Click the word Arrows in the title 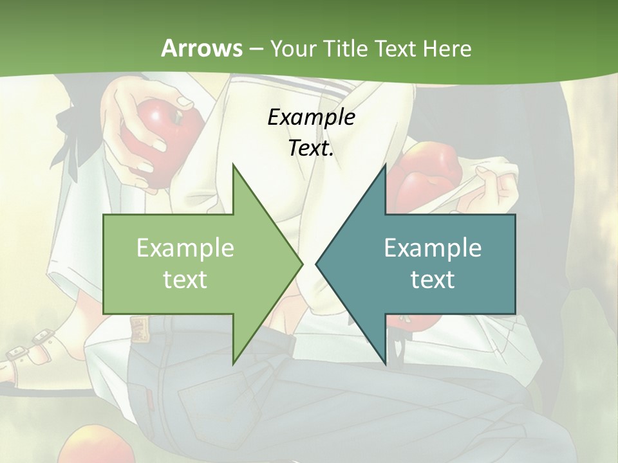(x=202, y=48)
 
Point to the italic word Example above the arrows (x=311, y=117)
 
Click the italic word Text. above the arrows (x=311, y=149)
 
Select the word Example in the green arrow (x=185, y=248)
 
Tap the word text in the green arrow (x=185, y=279)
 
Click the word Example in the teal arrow (x=433, y=248)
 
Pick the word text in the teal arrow (x=433, y=279)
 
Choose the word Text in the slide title (x=396, y=48)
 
